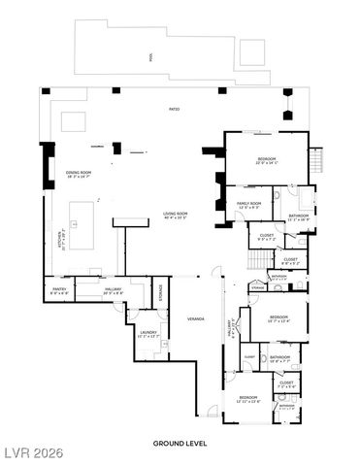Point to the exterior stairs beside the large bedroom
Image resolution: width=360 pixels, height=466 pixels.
(x=315, y=160)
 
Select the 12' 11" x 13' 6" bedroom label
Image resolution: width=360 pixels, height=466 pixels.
(x=248, y=398)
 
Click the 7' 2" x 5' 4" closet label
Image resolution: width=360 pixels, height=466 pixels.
(x=286, y=383)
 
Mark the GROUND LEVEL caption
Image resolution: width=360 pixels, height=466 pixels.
(x=180, y=443)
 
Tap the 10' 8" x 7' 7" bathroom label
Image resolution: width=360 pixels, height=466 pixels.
(x=280, y=358)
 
